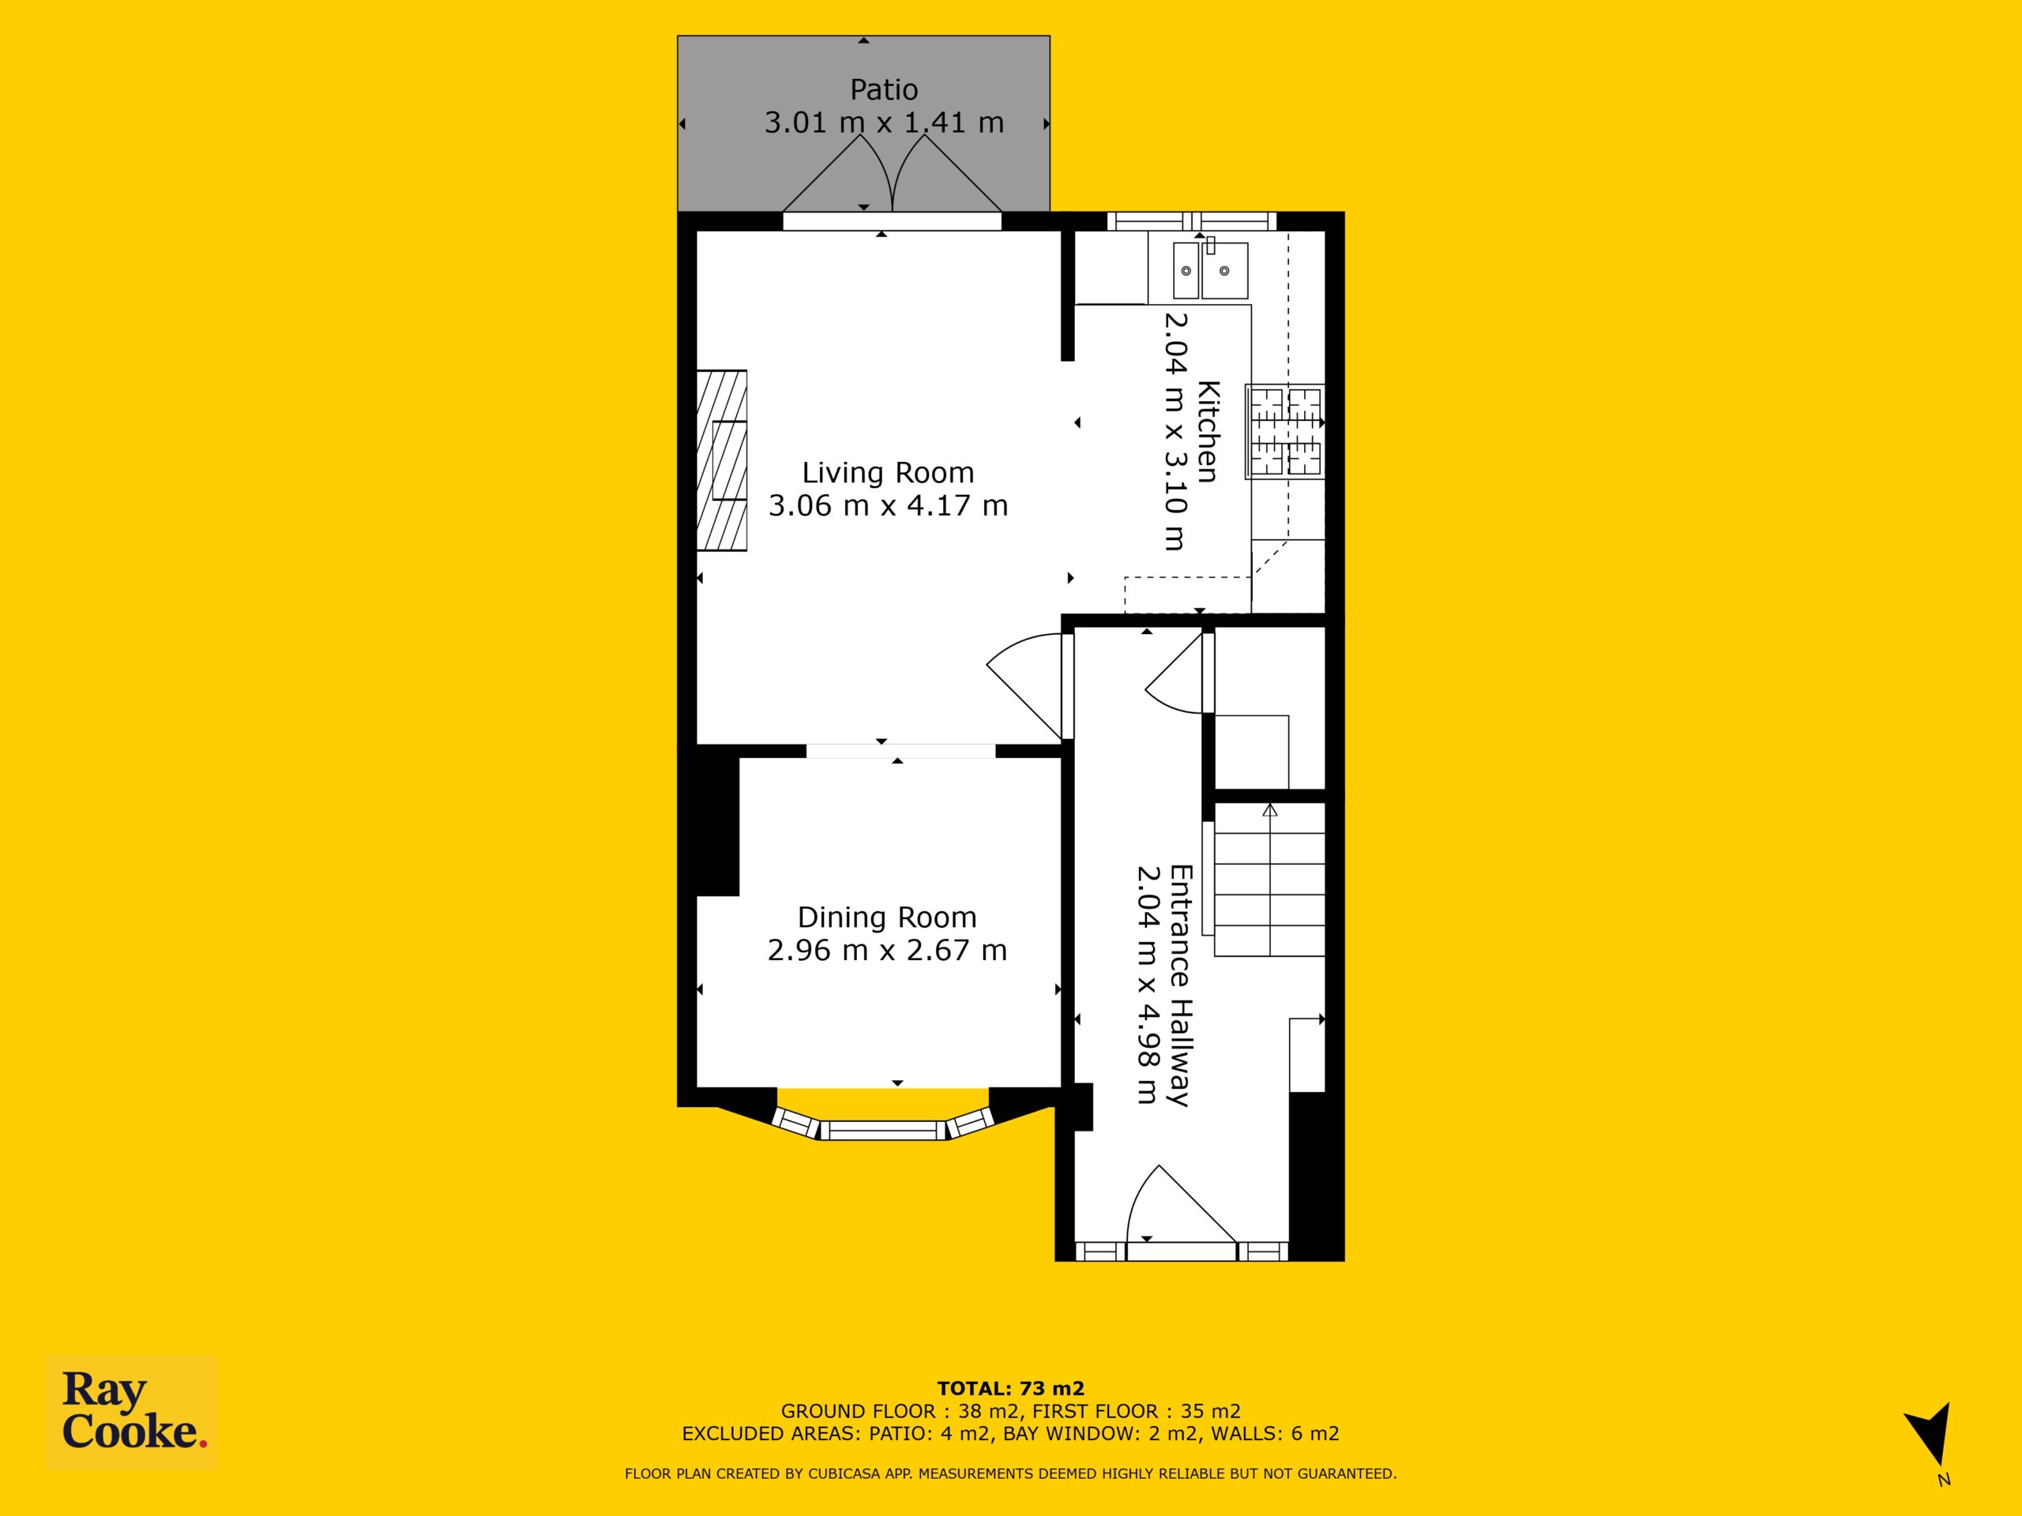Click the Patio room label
pyautogui.click(x=884, y=89)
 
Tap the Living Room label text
pyautogui.click(x=888, y=472)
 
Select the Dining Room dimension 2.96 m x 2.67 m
pyautogui.click(x=887, y=951)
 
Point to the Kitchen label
pyautogui.click(x=1208, y=430)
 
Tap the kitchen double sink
pyautogui.click(x=1210, y=268)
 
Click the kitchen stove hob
pyautogui.click(x=1284, y=431)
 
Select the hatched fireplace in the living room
pyautogui.click(x=722, y=460)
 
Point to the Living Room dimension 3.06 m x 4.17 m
pyautogui.click(x=888, y=505)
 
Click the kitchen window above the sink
pyautogui.click(x=1192, y=220)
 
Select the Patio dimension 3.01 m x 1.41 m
pyautogui.click(x=884, y=122)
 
